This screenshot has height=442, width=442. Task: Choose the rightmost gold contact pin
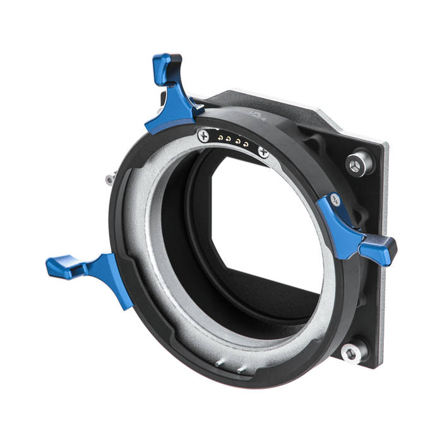(x=244, y=142)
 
